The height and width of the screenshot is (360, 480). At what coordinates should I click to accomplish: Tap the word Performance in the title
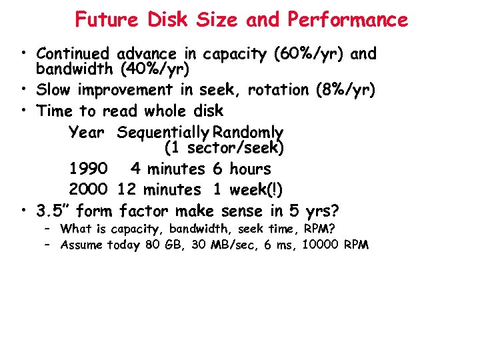[347, 20]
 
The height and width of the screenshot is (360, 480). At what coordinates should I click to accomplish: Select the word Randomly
[247, 133]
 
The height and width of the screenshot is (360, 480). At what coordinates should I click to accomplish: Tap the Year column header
[87, 133]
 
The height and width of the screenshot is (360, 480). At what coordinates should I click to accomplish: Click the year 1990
[89, 169]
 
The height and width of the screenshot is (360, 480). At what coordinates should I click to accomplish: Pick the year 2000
[89, 190]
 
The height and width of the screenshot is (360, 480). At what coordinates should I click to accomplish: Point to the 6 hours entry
[242, 169]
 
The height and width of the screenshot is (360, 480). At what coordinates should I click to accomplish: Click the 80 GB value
[162, 245]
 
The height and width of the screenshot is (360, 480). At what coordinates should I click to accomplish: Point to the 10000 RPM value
[335, 245]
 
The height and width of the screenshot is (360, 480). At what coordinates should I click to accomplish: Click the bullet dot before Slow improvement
[24, 90]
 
